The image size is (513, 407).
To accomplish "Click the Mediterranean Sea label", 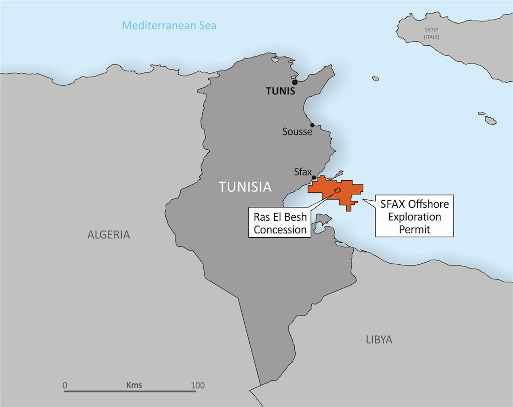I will pos(169,26).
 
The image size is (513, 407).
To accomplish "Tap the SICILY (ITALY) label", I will pos(431,33).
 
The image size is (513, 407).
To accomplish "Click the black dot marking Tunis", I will pos(295,82).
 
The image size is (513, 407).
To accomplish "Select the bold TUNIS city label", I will pos(280,91).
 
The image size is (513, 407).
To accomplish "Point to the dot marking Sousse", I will pos(312,125).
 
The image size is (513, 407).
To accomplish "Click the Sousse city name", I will pos(297,132).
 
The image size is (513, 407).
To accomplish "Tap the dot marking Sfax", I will pos(314,177).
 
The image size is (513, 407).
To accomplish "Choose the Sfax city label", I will pos(302,172).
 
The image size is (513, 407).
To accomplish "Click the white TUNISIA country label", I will pos(245,187).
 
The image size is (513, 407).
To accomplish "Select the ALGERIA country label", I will pos(109,235).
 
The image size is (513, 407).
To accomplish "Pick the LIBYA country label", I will pos(379,340).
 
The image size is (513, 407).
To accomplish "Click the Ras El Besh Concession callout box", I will pos(280,223).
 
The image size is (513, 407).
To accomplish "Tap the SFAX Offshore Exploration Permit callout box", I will pos(414,216).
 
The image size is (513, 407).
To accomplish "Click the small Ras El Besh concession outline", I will pos(337,190).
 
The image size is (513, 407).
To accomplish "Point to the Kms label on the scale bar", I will pos(134,385).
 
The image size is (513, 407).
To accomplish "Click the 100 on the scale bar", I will pos(198,385).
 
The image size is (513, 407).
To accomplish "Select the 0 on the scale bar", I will pos(65,385).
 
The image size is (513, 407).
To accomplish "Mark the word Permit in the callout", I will pos(415,229).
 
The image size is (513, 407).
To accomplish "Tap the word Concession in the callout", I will pos(280,230).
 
